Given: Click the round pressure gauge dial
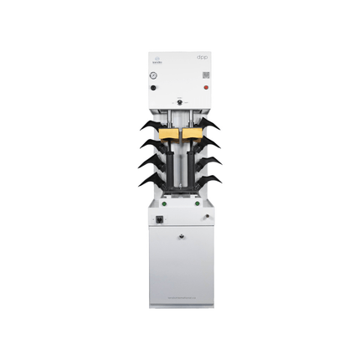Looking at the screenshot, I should (155, 75).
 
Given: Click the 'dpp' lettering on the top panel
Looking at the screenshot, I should (203, 58).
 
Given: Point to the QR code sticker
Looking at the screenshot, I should (204, 75).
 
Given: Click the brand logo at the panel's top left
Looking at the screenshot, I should (156, 59).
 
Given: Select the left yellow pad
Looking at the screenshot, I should (168, 132).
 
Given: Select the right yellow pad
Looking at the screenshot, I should (192, 132).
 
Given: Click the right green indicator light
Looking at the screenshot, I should (198, 202).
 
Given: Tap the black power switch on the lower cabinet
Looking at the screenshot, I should (159, 221).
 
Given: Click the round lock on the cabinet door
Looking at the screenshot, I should (181, 237).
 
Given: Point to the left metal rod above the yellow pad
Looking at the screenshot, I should (171, 116).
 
